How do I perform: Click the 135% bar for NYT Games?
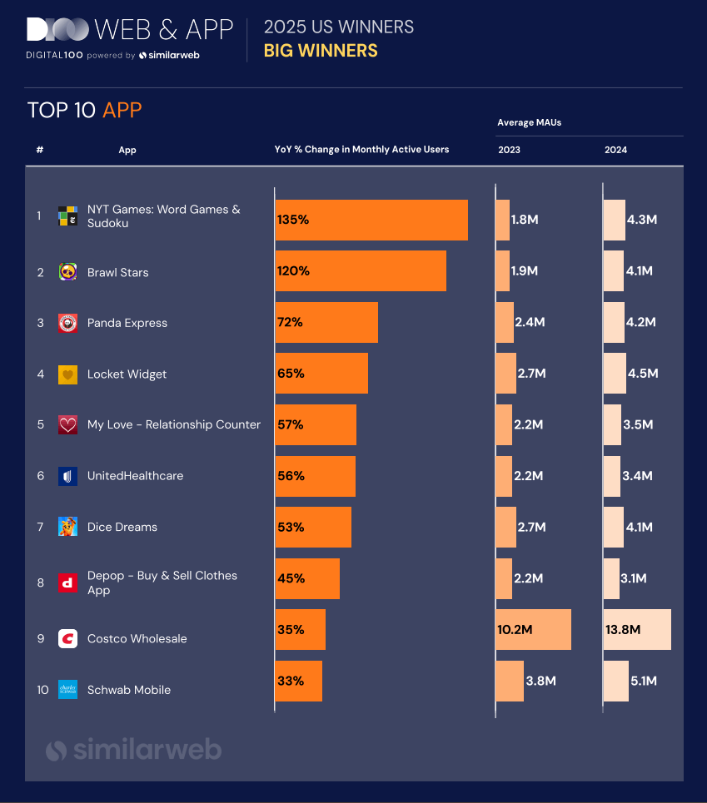(x=371, y=220)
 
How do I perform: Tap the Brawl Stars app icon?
(x=67, y=272)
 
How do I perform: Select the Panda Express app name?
(x=127, y=323)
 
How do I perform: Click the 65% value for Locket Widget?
(x=291, y=374)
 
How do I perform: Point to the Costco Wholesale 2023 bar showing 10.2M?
(x=534, y=630)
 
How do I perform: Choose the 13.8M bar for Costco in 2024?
(x=637, y=630)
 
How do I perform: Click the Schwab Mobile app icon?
(x=67, y=690)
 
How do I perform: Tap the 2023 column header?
(x=509, y=150)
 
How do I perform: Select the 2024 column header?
(x=616, y=150)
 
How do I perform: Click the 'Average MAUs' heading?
(x=530, y=122)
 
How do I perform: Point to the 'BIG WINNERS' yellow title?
(x=321, y=51)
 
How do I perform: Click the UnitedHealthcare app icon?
(x=67, y=476)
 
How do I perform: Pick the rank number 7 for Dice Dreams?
(x=39, y=527)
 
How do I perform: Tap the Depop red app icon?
(x=67, y=582)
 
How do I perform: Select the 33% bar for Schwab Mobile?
(x=298, y=682)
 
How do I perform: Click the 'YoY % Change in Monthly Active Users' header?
(x=361, y=150)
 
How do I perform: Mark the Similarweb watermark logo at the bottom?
(x=133, y=750)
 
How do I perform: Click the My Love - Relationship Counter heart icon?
(x=67, y=425)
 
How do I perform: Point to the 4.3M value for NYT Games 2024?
(x=641, y=221)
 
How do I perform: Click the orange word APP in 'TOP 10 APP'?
(x=122, y=111)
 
